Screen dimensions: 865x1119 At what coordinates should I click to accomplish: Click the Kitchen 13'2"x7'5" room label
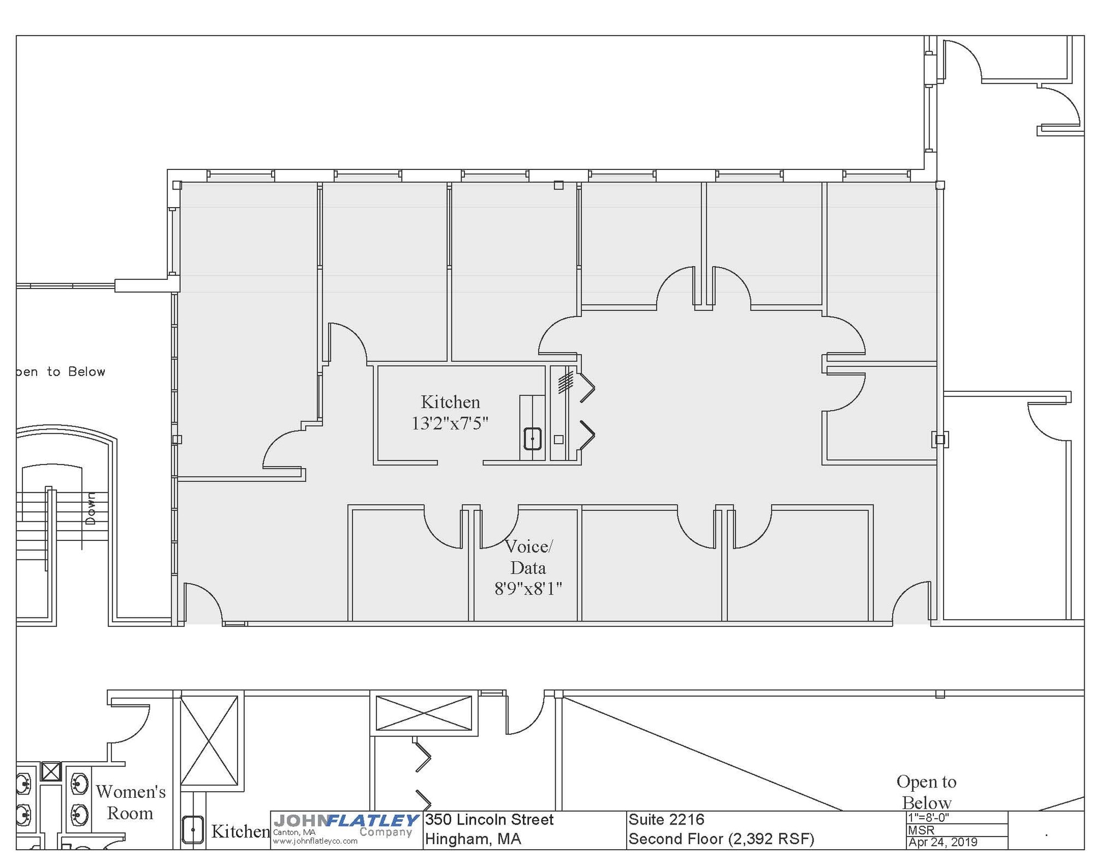450,413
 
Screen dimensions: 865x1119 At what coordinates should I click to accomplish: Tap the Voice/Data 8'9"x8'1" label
528,567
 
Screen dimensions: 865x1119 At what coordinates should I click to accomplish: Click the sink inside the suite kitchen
532,439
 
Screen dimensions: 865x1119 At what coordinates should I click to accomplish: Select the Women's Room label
131,802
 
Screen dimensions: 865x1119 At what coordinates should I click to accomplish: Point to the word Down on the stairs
91,508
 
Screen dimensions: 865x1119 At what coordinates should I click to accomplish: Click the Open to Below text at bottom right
926,792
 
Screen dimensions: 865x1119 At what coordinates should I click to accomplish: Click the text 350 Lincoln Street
489,820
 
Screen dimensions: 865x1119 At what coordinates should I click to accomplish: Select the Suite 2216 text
666,820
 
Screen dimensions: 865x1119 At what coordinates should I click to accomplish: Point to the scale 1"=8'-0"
928,818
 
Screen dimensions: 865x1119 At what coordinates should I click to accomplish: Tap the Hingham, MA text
473,839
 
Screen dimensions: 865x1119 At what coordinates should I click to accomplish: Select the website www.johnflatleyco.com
315,842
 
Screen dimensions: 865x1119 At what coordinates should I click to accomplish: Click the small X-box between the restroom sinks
51,772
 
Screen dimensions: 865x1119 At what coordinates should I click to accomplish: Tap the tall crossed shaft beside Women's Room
209,740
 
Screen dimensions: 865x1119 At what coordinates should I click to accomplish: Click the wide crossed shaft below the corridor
423,713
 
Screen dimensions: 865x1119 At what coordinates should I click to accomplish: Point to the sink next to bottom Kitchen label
192,829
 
